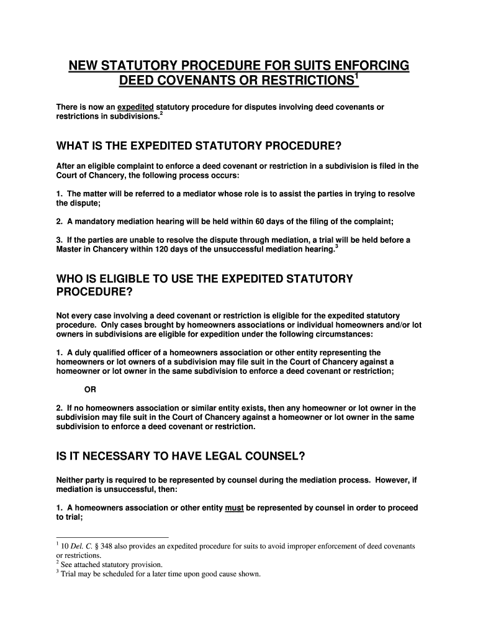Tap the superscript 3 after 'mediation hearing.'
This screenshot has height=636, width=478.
pyautogui.click(x=336, y=246)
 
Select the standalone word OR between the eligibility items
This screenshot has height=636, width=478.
pyautogui.click(x=90, y=389)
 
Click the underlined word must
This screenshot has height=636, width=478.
pyautogui.click(x=234, y=507)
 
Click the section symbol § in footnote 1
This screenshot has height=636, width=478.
pyautogui.click(x=99, y=546)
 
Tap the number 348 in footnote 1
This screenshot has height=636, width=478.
pyautogui.click(x=110, y=546)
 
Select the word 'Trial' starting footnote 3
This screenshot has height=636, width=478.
pyautogui.click(x=70, y=574)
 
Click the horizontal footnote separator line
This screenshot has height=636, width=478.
pyautogui.click(x=112, y=536)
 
